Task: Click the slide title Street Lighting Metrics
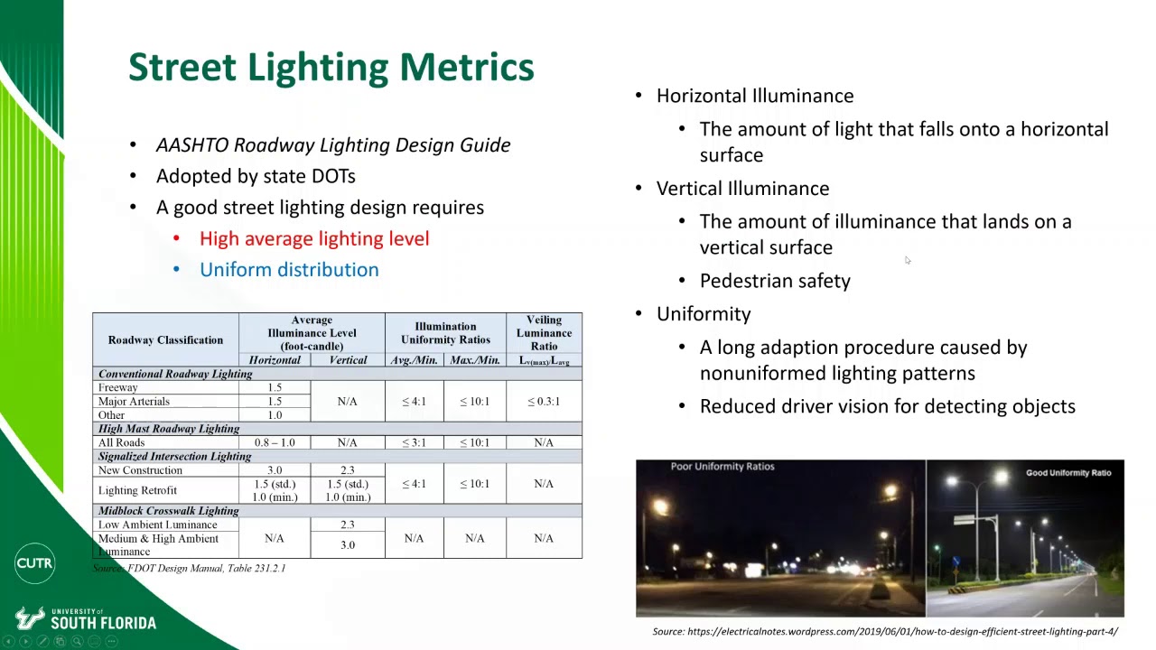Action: [x=331, y=68]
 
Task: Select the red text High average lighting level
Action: [x=313, y=238]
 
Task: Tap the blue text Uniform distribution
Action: [x=289, y=270]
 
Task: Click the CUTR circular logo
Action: [x=34, y=563]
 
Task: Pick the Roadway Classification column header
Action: [x=165, y=340]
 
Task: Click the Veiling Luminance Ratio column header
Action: [x=543, y=332]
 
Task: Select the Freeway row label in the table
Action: [x=118, y=388]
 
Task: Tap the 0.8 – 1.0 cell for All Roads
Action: [x=275, y=443]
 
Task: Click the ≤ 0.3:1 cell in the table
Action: [x=543, y=402]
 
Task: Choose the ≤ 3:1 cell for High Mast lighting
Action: [x=414, y=443]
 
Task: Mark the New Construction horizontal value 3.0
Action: [x=275, y=470]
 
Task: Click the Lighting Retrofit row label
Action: [x=137, y=490]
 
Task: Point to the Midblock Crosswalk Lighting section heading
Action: [x=168, y=511]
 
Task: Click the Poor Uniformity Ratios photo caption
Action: [x=722, y=467]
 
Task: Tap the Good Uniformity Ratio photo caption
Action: [x=1068, y=473]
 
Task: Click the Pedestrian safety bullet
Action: [x=774, y=281]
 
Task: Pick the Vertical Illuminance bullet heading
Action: [x=742, y=189]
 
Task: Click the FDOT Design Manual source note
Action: [x=190, y=568]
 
